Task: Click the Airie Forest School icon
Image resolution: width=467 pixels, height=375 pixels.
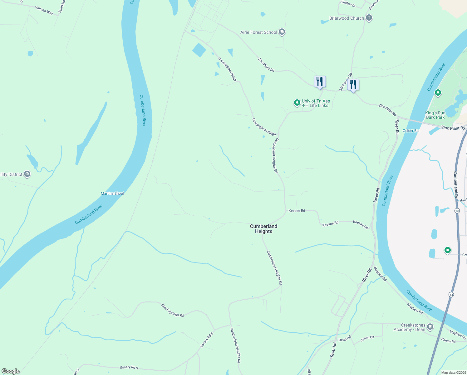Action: [x=282, y=32]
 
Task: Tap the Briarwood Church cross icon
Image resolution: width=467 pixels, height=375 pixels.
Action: [x=369, y=18]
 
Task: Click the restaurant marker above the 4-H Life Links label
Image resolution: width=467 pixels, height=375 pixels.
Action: [x=320, y=82]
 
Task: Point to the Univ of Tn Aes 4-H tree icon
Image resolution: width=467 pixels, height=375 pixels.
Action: [x=297, y=102]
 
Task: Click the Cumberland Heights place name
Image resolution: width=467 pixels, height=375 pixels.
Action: [x=263, y=229]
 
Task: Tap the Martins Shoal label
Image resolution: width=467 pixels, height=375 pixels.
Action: [x=112, y=193]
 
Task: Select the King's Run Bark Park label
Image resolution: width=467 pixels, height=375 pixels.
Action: [x=435, y=115]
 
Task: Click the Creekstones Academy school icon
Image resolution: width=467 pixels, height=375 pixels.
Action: [x=430, y=327]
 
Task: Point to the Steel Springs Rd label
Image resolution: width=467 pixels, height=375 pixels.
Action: [x=172, y=310]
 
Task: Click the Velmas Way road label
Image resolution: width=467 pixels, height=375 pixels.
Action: [x=44, y=10]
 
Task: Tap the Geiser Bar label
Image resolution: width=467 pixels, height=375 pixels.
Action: [x=411, y=131]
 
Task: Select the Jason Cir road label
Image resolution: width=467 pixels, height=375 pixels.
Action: [x=367, y=338]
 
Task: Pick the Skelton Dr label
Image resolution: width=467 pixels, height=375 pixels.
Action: [x=348, y=4]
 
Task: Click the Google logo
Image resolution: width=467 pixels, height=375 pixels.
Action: [x=11, y=371]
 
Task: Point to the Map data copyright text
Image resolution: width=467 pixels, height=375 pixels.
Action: [x=453, y=372]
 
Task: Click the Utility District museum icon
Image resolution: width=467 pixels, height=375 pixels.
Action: [x=27, y=174]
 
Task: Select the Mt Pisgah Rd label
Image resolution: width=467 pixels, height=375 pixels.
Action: [x=346, y=82]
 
